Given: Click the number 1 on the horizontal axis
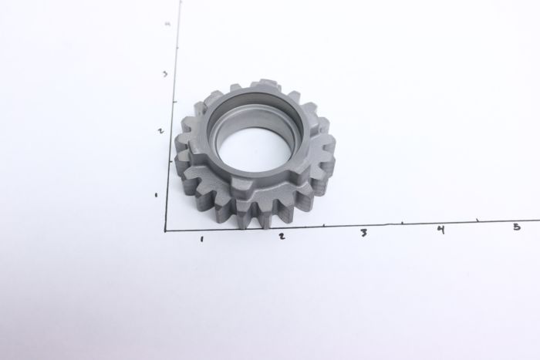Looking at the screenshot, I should point(201,239).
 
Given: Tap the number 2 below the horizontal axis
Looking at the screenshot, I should point(282,236).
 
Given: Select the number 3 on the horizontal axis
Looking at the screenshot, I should point(363,233).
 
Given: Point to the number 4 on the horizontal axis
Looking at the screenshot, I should point(440,230).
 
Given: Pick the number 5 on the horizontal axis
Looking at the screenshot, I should point(516,226).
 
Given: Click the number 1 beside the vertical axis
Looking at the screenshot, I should point(157,195).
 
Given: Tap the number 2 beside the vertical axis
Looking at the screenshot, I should point(160,131).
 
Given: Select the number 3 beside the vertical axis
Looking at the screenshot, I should point(164,74).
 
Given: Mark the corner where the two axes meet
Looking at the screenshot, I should point(165,230).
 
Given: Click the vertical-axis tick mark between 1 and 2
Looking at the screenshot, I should point(169,163).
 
